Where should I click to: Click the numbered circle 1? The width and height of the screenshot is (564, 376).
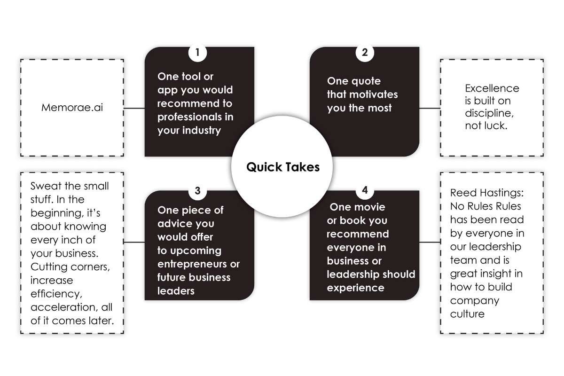198,53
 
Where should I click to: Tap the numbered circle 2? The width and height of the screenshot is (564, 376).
365,53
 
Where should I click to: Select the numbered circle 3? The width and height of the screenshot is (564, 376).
198,191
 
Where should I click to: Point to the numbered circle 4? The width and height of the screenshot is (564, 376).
365,191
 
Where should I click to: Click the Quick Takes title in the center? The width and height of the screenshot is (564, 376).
283,167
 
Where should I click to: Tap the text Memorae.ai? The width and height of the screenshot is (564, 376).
72,107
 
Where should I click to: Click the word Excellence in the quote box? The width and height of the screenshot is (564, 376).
486,88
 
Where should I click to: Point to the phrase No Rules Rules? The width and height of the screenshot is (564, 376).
486,206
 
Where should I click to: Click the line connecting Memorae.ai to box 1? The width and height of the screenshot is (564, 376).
134,108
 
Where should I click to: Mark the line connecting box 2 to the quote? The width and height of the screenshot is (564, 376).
430,108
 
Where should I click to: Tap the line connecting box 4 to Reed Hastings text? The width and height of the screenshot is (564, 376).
430,243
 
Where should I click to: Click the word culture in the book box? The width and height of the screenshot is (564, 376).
467,314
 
